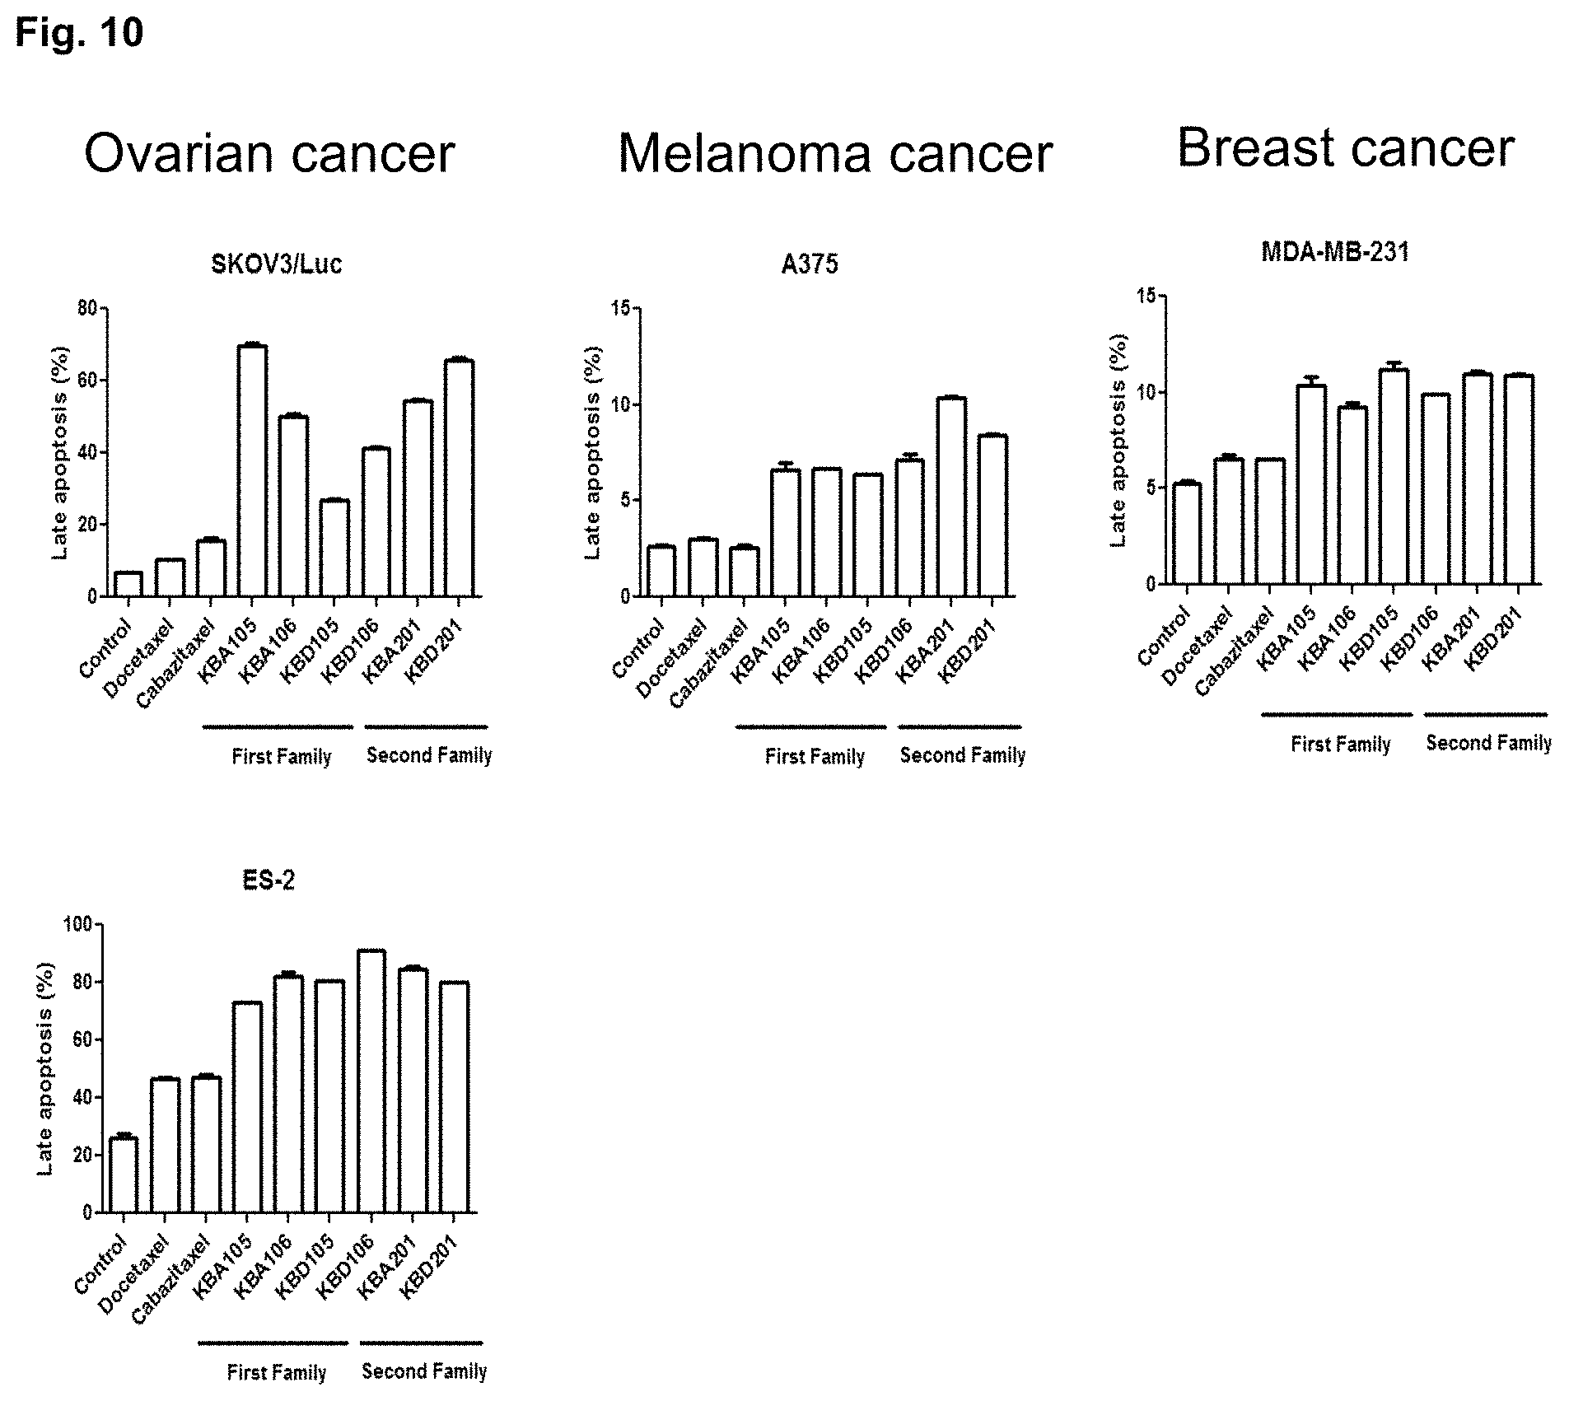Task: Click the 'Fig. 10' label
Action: [80, 34]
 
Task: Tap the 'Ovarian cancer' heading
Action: [269, 153]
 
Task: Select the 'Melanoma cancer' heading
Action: [835, 153]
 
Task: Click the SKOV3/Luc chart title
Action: [276, 264]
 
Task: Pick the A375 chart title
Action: [810, 264]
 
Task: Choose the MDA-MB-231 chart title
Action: [1335, 252]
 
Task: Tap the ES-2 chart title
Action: [269, 880]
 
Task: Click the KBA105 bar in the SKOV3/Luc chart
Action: [252, 470]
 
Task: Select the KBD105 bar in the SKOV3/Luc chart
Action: [334, 548]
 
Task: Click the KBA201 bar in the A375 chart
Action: [950, 497]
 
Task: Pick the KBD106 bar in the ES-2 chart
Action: [371, 1081]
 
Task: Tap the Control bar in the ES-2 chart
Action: [123, 1175]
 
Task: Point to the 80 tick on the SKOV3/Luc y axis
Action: [87, 309]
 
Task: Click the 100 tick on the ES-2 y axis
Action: [77, 924]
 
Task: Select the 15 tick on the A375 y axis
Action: [622, 309]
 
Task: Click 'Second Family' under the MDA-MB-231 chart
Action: [1488, 743]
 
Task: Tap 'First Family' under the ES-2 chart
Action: [277, 1372]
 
